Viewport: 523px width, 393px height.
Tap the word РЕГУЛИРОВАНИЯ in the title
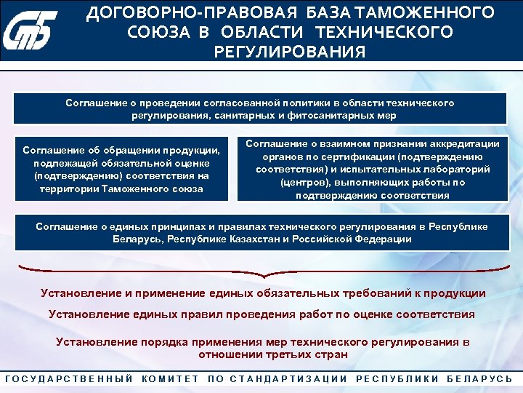[x=290, y=52]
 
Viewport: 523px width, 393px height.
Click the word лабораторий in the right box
[x=452, y=169]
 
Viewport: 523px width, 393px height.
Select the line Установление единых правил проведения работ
[x=261, y=315]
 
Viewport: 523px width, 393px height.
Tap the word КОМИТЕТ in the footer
[x=171, y=378]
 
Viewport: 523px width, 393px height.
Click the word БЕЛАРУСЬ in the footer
[x=479, y=378]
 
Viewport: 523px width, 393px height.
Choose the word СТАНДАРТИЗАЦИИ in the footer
[x=288, y=378]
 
